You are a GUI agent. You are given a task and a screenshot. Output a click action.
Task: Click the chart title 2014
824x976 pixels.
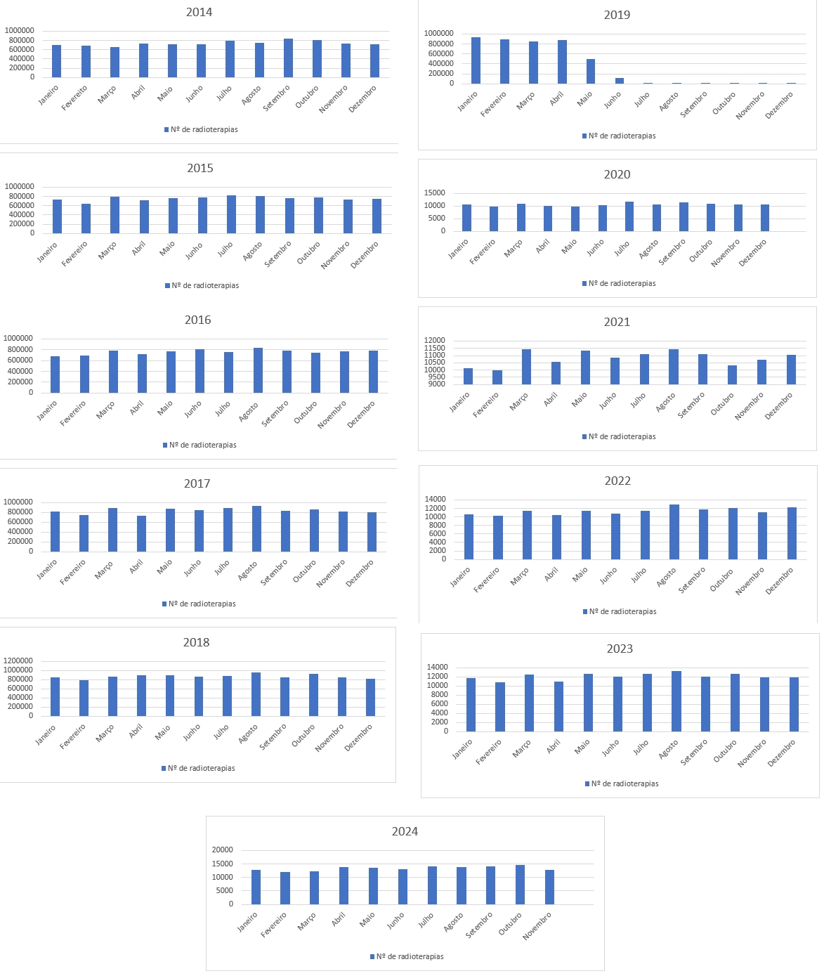(x=199, y=13)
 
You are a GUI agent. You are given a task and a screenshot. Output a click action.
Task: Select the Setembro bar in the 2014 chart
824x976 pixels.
(x=288, y=58)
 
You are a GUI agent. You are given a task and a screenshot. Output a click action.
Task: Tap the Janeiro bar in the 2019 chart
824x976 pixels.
(x=476, y=60)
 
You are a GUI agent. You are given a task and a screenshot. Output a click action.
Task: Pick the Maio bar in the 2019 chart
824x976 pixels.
(x=591, y=72)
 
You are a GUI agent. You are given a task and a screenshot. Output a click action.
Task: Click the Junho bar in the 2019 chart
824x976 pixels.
(x=620, y=81)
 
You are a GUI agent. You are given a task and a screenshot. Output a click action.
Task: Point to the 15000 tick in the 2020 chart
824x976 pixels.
(x=435, y=193)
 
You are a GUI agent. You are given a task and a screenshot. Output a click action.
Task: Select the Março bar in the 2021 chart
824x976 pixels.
(x=527, y=367)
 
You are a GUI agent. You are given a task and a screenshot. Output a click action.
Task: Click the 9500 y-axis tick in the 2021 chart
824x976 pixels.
(x=435, y=377)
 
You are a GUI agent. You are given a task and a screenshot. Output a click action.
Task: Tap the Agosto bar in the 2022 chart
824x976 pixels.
(x=674, y=532)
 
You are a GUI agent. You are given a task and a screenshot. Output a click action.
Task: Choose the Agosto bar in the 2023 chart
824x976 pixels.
(x=676, y=701)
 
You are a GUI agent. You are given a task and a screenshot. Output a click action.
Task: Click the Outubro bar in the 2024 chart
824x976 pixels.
(x=520, y=885)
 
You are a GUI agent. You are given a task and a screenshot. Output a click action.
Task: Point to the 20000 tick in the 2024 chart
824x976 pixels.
(x=223, y=850)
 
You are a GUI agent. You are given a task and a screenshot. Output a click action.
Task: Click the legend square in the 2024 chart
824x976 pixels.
(x=372, y=956)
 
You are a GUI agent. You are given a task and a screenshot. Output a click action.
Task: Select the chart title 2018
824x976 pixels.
(x=196, y=642)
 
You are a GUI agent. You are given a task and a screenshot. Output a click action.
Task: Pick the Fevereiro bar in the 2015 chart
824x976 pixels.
(x=86, y=219)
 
